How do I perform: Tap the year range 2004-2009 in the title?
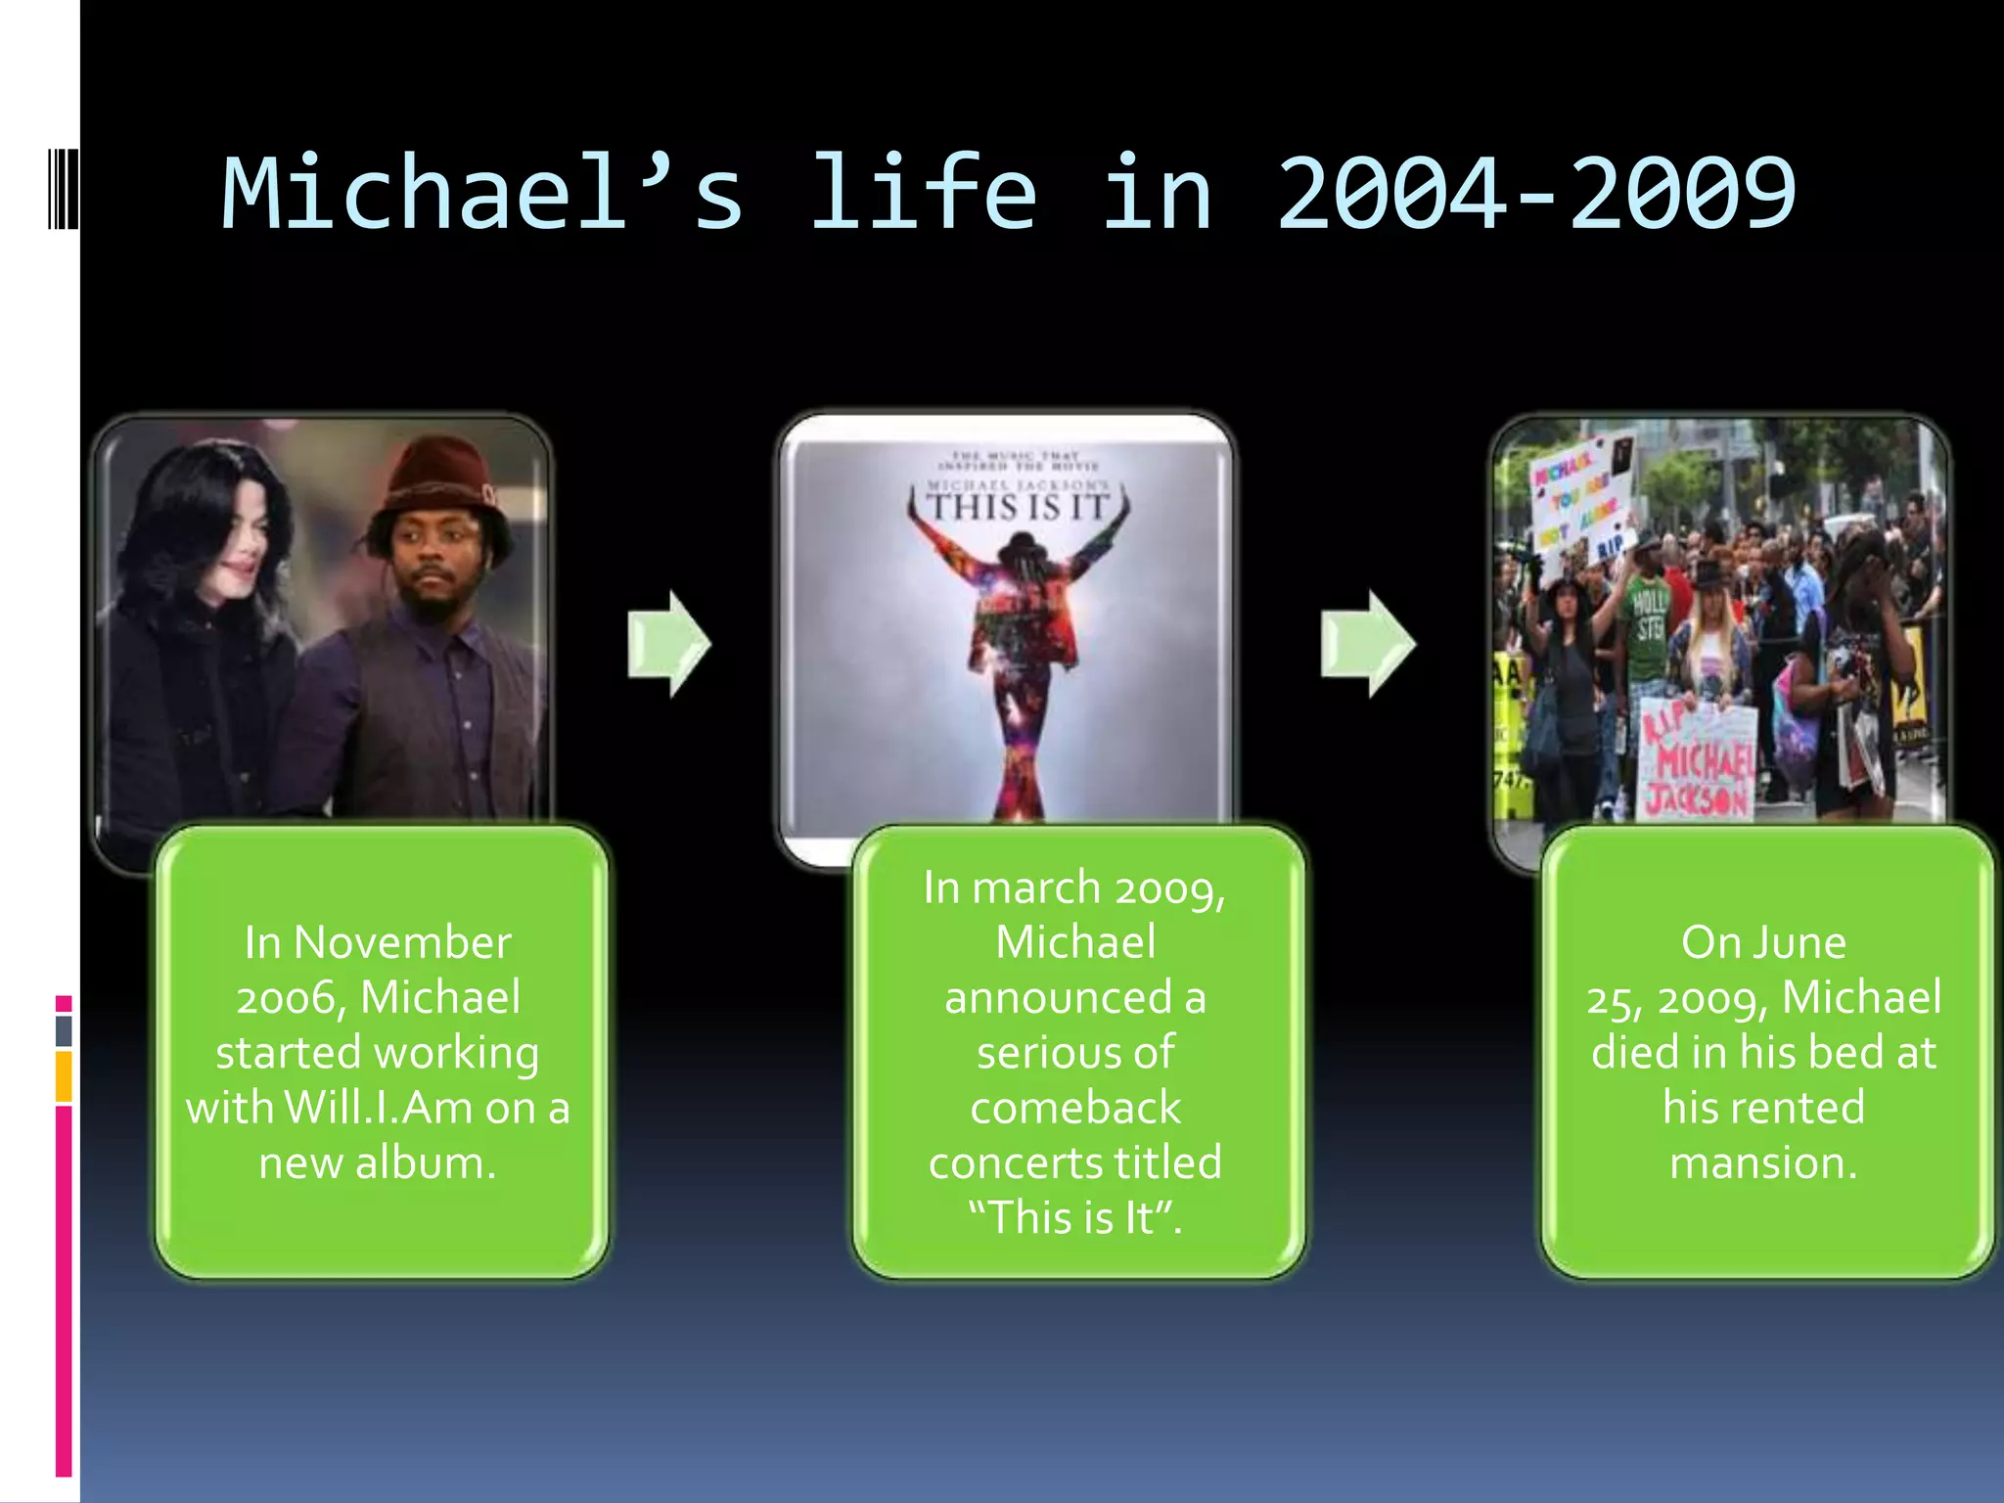coord(1536,193)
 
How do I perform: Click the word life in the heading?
coord(924,193)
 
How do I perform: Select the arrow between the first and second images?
coord(669,644)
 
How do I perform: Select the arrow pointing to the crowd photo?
coord(1367,644)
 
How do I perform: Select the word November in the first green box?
coord(402,943)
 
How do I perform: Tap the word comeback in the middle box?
coord(1074,1109)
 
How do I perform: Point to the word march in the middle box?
coord(1037,888)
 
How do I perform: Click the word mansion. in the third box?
coord(1763,1163)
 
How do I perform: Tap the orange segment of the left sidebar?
coord(64,1076)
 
